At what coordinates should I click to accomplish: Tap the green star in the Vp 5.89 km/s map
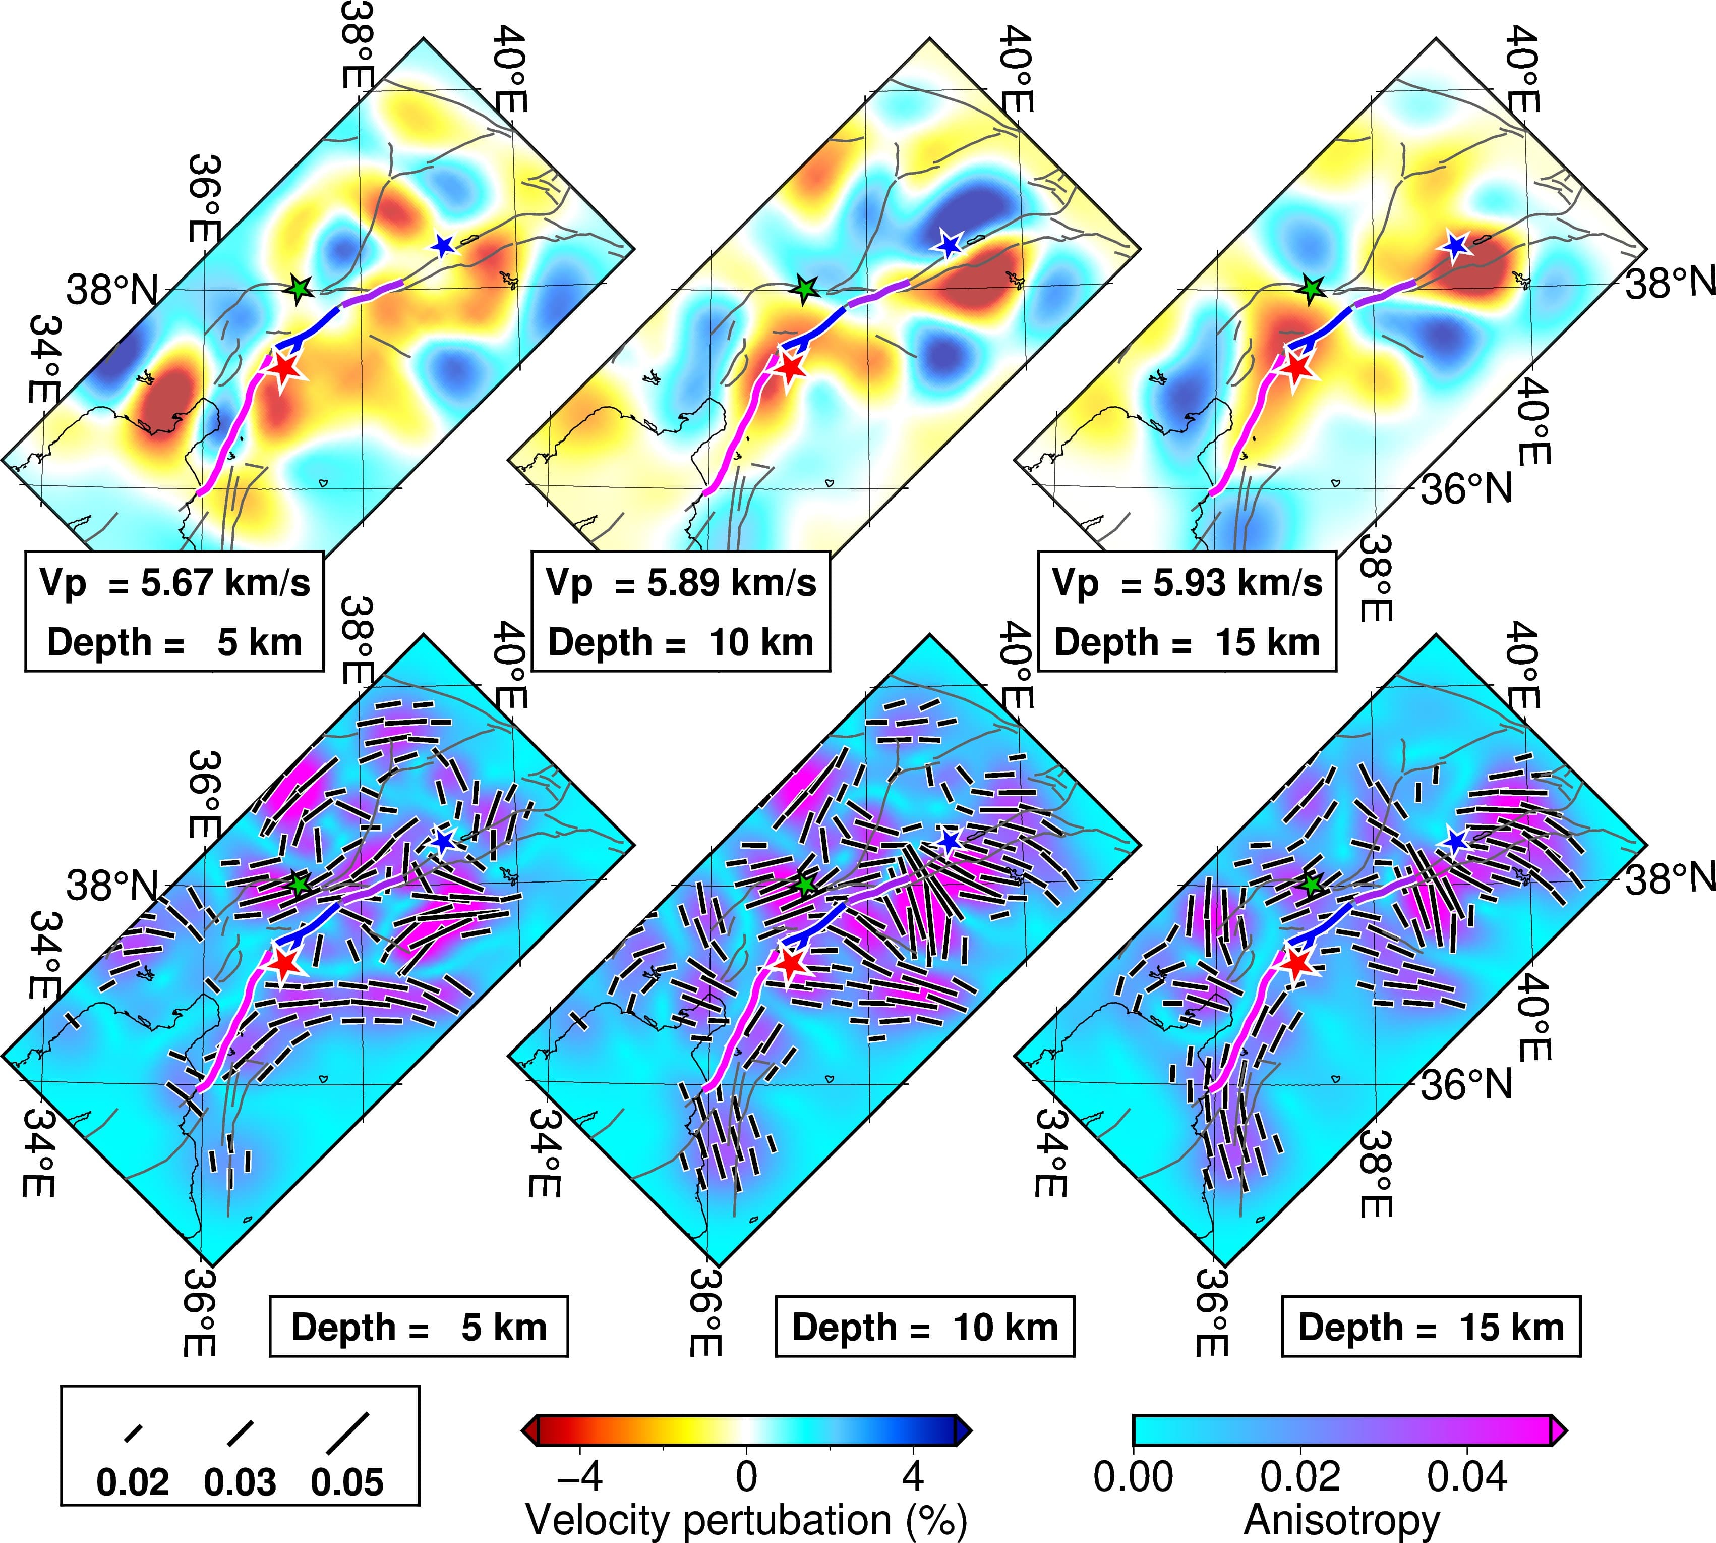[x=805, y=289]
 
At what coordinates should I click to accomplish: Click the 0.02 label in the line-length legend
[x=133, y=1483]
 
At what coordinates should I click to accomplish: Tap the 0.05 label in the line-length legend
[x=347, y=1483]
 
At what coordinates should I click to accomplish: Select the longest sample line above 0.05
[x=347, y=1432]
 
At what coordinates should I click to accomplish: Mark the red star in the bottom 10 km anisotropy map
[x=790, y=964]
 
